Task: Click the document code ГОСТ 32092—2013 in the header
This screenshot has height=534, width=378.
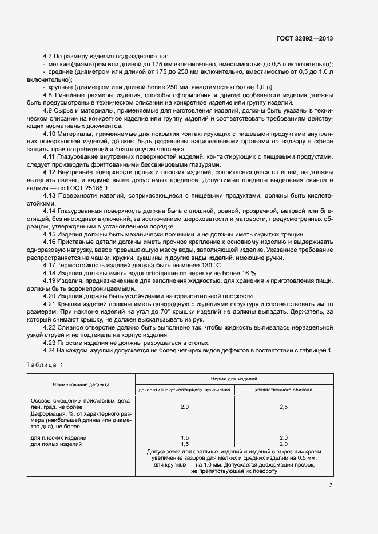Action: click(x=304, y=38)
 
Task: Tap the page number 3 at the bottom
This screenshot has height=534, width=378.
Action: click(x=331, y=486)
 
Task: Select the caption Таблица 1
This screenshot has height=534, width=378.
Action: click(x=46, y=364)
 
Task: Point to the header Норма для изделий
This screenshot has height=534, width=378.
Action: click(x=233, y=379)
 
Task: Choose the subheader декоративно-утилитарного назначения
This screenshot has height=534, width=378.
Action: click(x=184, y=390)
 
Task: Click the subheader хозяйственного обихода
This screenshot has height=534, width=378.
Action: click(x=283, y=390)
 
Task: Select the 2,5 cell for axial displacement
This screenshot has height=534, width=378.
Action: click(x=283, y=407)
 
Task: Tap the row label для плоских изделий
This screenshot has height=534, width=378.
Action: click(x=58, y=437)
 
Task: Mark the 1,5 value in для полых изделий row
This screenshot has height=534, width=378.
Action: click(x=184, y=444)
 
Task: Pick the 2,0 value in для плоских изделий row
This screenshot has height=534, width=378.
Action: click(x=283, y=437)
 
